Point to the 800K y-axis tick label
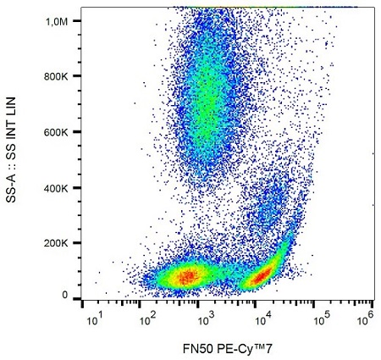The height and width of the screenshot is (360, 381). point(55,76)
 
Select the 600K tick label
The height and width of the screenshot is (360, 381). point(55,132)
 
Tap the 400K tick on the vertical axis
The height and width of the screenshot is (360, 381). point(55,187)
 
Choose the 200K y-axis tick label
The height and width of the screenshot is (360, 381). point(55,242)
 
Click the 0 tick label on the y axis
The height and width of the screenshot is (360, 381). point(65,295)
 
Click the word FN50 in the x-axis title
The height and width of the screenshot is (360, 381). point(191,346)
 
